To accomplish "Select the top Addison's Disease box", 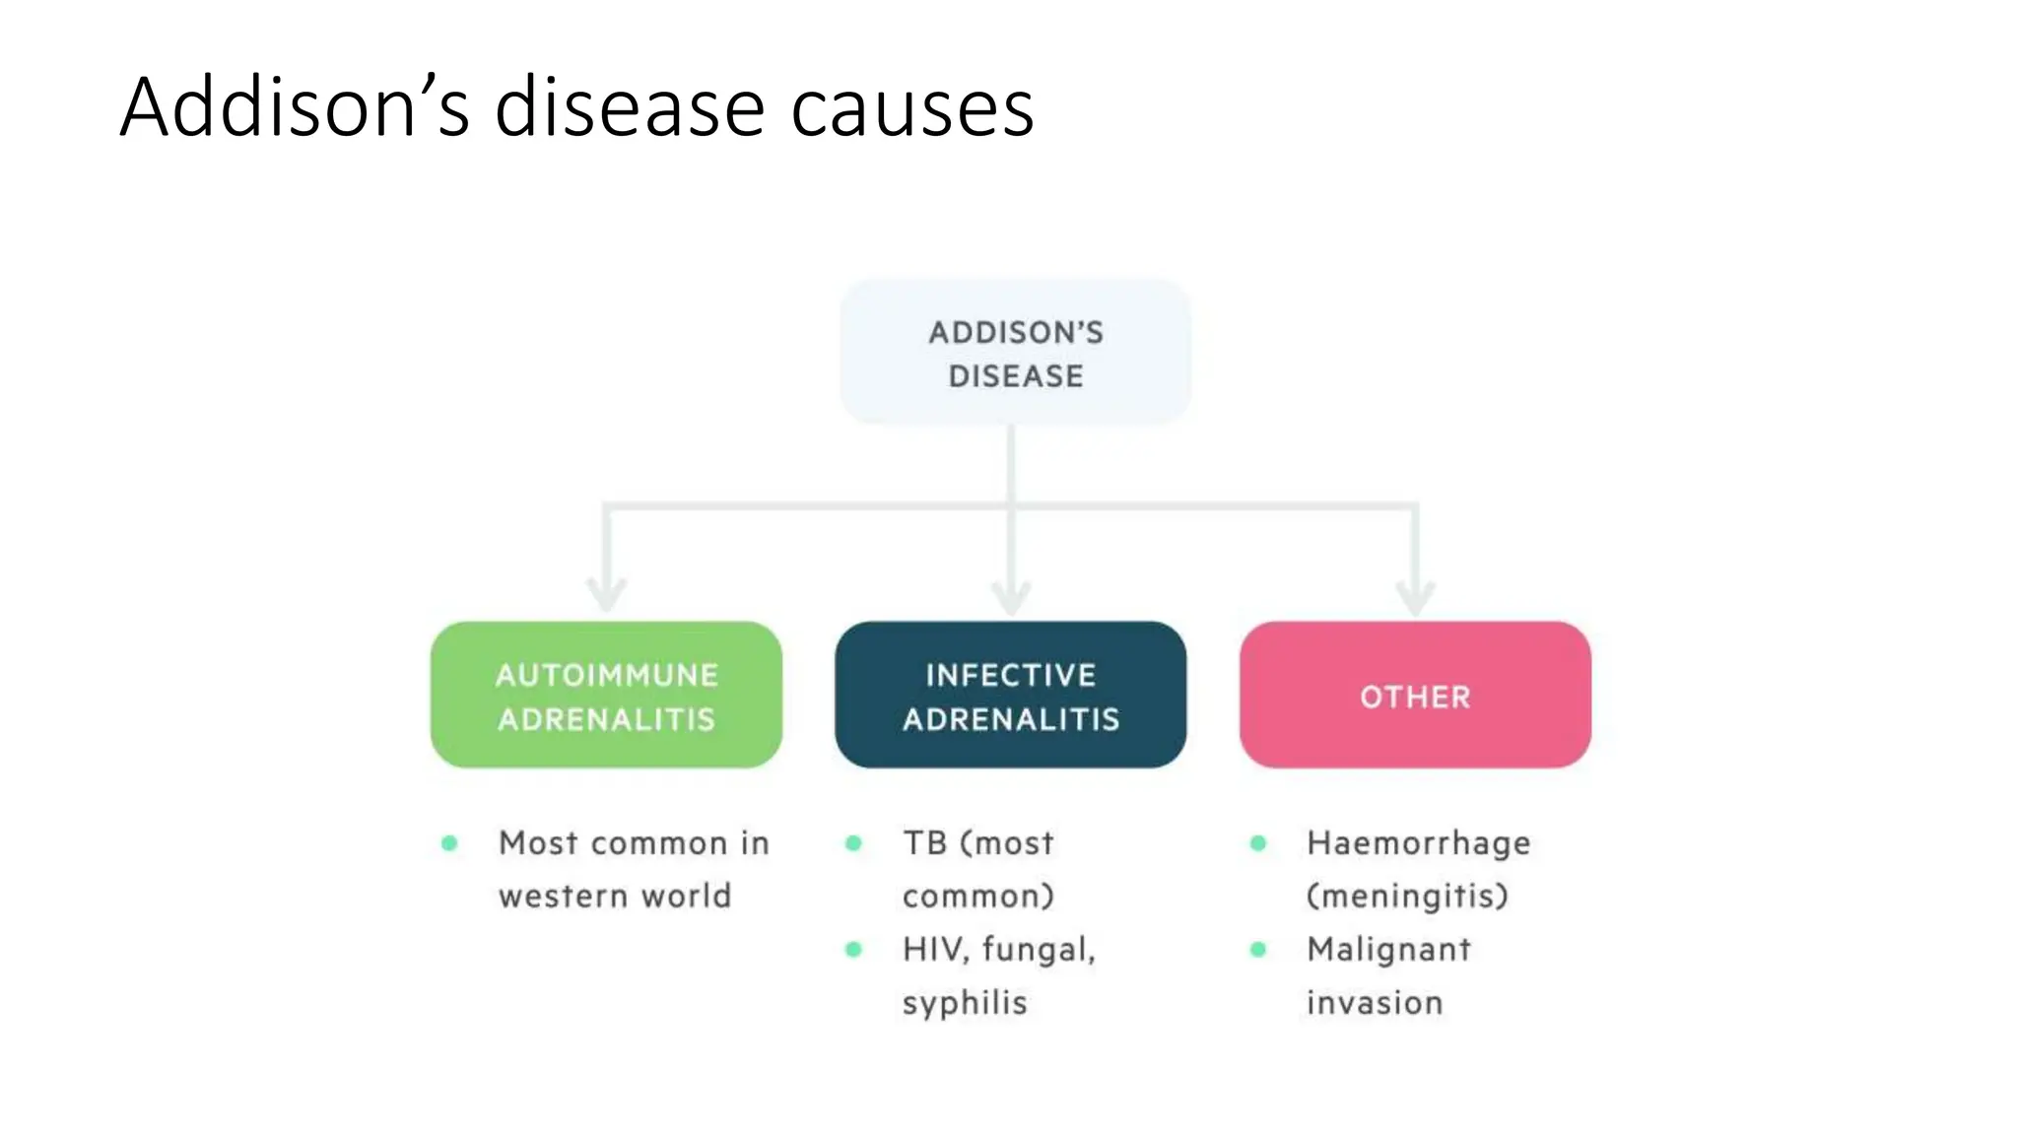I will [x=1015, y=353].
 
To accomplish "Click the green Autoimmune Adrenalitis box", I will [x=606, y=696].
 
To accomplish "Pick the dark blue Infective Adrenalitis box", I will [x=1010, y=696].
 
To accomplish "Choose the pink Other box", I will [x=1415, y=696].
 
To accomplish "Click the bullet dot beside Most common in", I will [x=449, y=843].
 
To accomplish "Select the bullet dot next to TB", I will [x=853, y=843].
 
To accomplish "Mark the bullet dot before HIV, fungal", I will [x=853, y=950].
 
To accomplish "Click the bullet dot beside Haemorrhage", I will [x=1258, y=843].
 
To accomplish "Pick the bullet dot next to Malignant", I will [x=1258, y=950].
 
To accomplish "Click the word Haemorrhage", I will [x=1418, y=843].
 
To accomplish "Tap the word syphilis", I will [x=965, y=1004].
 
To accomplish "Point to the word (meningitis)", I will [x=1407, y=897].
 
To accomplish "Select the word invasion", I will [x=1375, y=1003].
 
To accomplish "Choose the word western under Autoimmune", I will [x=563, y=897].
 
